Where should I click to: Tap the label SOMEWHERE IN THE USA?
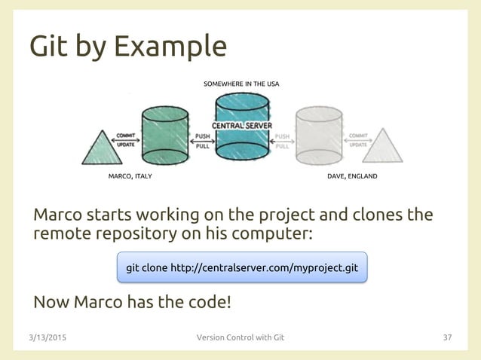pos(241,84)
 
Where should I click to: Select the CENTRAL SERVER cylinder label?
pos(241,125)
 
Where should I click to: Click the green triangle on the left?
pos(100,148)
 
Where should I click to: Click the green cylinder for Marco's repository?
pos(164,136)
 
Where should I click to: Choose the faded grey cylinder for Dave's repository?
pos(319,136)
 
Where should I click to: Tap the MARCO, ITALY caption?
pos(131,176)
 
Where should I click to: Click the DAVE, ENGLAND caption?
pos(352,176)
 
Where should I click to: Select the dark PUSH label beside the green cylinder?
pos(202,137)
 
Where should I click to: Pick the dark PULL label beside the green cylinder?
pos(202,146)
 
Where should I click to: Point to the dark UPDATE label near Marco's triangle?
pos(125,145)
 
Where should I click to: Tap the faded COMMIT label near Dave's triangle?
pos(359,136)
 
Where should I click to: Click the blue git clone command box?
pos(242,267)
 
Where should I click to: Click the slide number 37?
pos(446,337)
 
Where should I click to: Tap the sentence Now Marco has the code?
pos(133,303)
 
